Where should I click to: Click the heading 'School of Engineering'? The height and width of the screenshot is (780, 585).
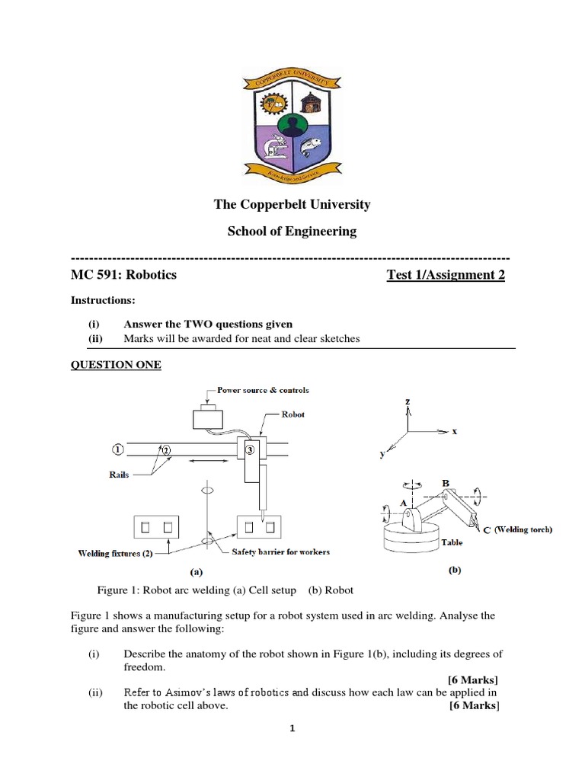pos(292,231)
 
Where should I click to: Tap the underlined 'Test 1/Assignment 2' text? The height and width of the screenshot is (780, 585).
pos(446,274)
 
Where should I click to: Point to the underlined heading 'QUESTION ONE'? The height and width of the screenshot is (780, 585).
pos(116,365)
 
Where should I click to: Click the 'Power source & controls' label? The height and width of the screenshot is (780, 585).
pos(263,390)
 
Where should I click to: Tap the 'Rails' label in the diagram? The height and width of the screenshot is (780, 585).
pos(120,474)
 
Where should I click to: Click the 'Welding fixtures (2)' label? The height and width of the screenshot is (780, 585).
pos(110,553)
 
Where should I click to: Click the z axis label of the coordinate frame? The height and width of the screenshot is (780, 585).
pos(408,401)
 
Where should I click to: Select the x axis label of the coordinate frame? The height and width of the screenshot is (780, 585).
pos(455,431)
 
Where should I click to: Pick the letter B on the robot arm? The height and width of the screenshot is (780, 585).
pos(446,483)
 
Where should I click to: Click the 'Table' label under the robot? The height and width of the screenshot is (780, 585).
pos(452,544)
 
